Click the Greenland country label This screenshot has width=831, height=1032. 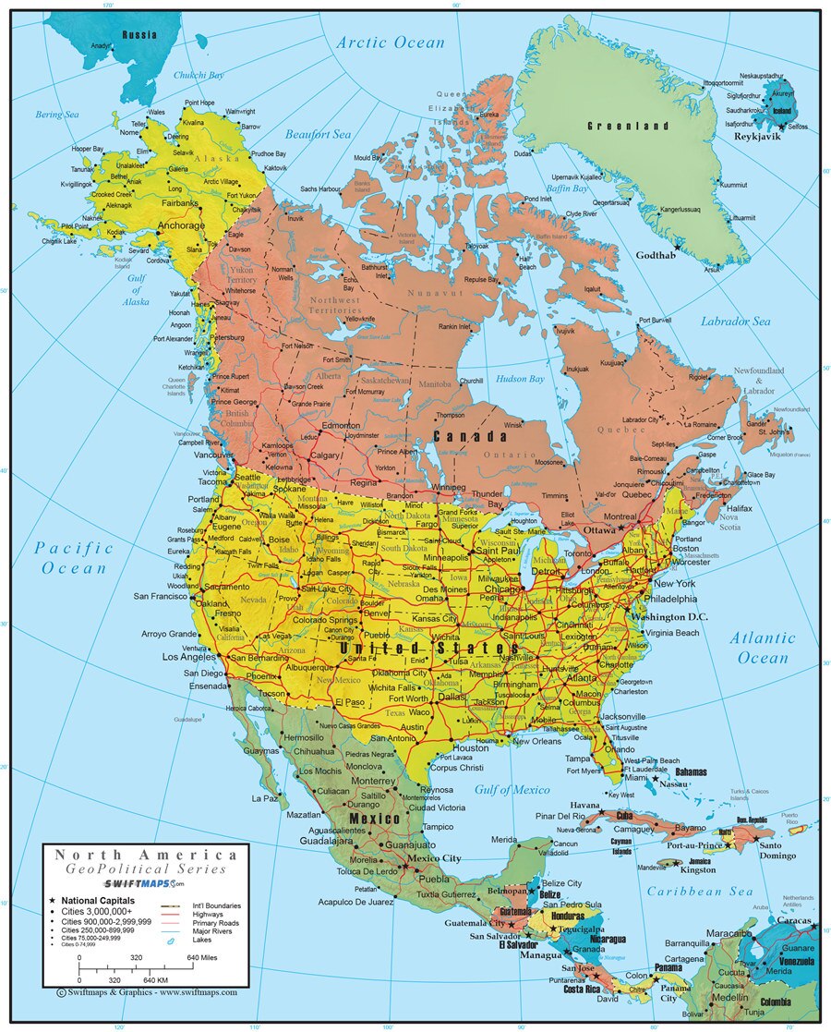pos(627,125)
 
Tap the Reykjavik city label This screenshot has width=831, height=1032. pos(758,136)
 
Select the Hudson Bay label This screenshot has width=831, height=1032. pos(521,379)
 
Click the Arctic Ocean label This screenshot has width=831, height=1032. pos(390,42)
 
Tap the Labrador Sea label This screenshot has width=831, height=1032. pos(734,322)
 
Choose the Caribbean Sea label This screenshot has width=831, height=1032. pos(699,892)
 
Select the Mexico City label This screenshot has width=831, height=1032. pos(434,859)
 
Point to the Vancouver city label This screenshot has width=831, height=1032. pos(213,455)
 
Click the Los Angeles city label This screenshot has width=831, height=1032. pos(189,657)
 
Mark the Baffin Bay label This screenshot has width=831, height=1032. pos(567,188)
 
